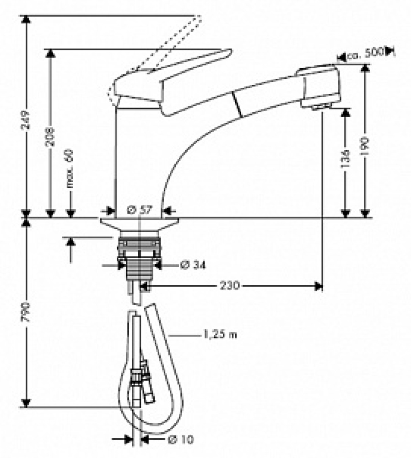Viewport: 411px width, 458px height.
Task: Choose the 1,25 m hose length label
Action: [x=219, y=335]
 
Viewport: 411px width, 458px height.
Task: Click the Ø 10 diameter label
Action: [x=181, y=439]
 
